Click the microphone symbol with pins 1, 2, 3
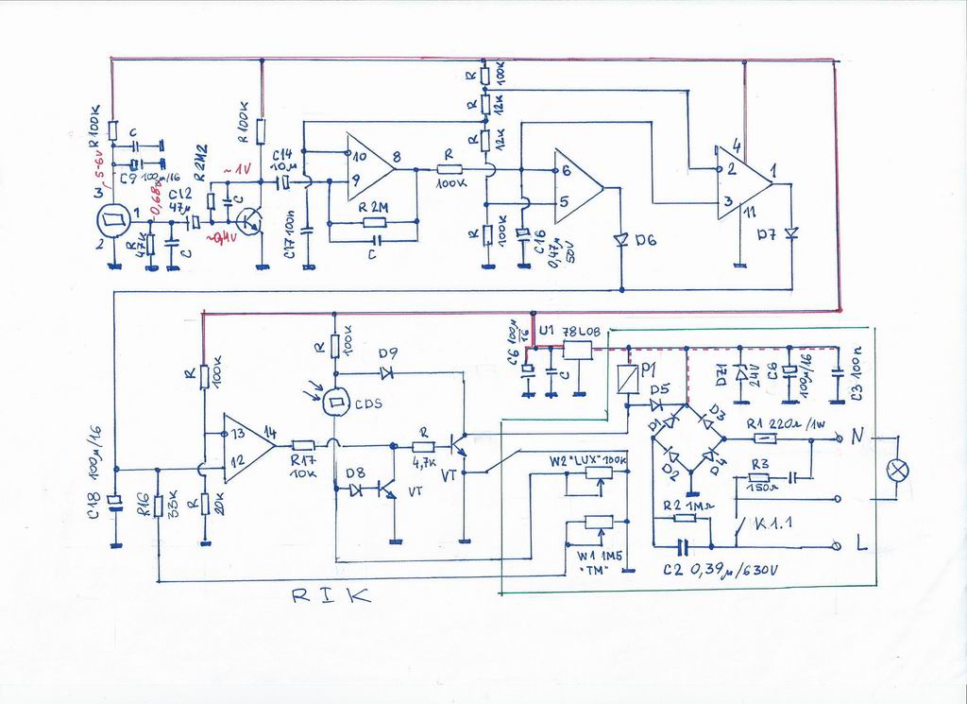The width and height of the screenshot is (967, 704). (x=115, y=223)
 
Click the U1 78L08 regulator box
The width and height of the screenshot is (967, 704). (x=577, y=351)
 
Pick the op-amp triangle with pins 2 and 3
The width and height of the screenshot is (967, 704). (x=741, y=181)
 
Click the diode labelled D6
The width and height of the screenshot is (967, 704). (x=621, y=241)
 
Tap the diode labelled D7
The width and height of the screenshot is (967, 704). (x=790, y=232)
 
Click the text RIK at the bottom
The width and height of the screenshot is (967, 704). (x=330, y=596)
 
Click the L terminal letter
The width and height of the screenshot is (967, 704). (x=861, y=544)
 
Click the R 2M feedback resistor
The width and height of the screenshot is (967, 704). (x=374, y=223)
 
